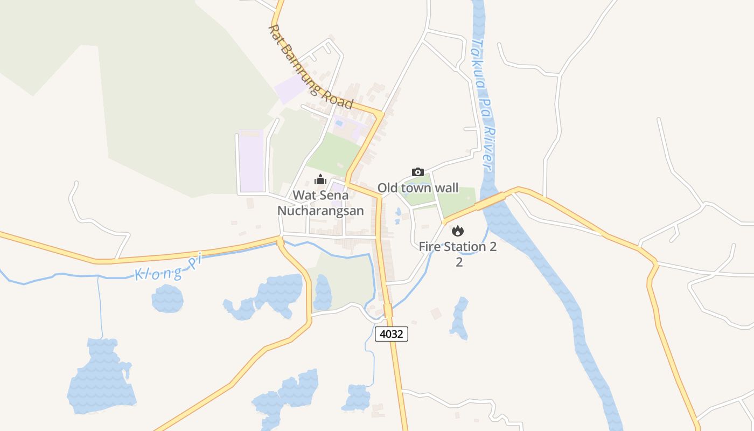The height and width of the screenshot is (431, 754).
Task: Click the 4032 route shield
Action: coord(392,334)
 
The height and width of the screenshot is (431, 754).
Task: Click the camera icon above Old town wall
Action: coord(417,172)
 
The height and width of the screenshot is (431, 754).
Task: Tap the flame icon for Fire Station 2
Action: coord(457,231)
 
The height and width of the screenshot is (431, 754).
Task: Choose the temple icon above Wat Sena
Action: coord(320,179)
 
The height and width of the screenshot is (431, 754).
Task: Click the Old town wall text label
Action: coord(417,188)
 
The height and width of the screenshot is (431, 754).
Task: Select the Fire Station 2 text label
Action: coord(458,247)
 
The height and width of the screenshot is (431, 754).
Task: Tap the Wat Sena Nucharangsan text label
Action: coord(320,203)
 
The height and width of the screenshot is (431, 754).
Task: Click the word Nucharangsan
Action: coord(320,211)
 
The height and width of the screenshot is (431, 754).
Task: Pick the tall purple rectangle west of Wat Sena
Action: coord(252,161)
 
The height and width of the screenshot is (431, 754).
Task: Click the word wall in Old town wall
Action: coord(445,188)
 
